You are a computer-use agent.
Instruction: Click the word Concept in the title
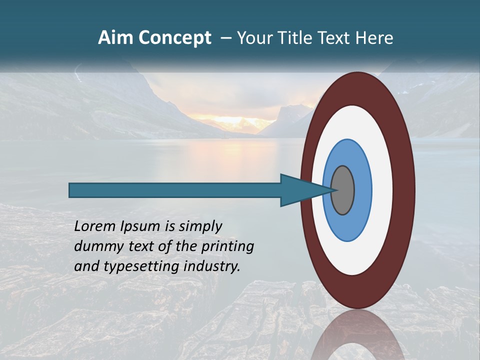[x=175, y=38]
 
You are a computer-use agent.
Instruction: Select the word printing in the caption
[x=227, y=247]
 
